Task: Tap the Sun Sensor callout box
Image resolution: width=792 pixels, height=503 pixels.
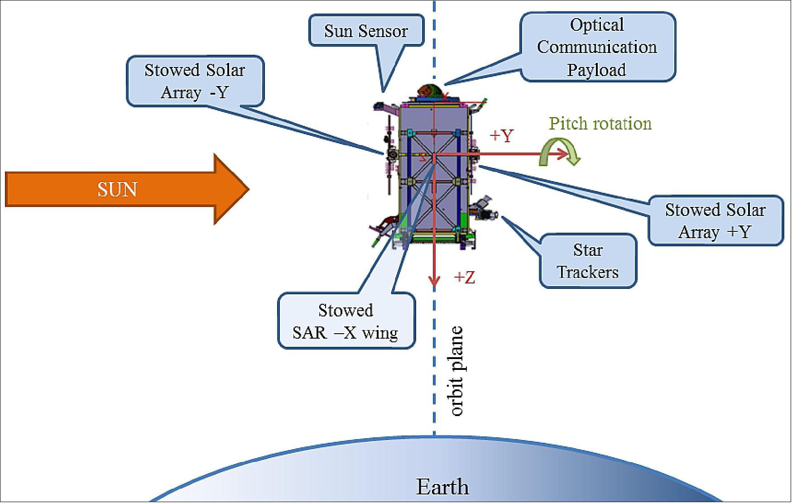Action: pos(366,31)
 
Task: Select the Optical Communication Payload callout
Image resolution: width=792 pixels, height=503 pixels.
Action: pos(597,47)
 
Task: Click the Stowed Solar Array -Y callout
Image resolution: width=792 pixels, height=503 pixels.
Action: pos(195,81)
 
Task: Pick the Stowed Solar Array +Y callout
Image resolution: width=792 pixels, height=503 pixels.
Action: pos(715,220)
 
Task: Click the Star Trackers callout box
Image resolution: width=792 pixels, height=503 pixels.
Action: pos(588,261)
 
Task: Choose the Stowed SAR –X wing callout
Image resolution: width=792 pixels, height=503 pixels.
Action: pos(346,321)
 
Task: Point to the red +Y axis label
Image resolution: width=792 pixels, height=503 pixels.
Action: pos(502,135)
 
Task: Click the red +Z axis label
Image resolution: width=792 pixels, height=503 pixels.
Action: pos(465,277)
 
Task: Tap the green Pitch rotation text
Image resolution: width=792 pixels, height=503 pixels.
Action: pos(600,123)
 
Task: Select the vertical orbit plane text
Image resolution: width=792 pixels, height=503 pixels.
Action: pos(456,370)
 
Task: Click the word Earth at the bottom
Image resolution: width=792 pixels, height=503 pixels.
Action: pos(442,487)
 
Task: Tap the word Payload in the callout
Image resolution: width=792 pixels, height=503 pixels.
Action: pos(596,70)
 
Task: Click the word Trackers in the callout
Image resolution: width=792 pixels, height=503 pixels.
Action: pos(588,272)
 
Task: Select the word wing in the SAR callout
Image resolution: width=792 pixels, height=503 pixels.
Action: pos(379,333)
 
